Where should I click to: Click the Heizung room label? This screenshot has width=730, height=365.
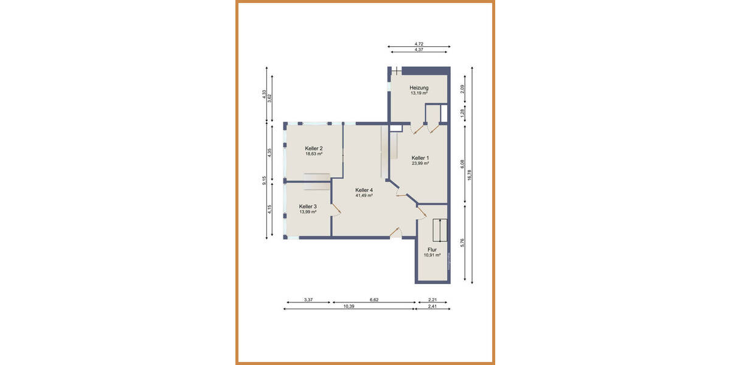pyautogui.click(x=419, y=88)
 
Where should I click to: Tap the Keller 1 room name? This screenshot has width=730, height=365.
pyautogui.click(x=420, y=157)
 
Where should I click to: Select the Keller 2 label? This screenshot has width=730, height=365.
pyautogui.click(x=314, y=148)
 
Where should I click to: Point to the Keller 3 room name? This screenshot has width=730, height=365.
pyautogui.click(x=308, y=206)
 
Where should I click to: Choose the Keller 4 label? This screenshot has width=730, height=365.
pyautogui.click(x=364, y=190)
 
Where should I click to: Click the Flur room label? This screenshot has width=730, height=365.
pyautogui.click(x=433, y=249)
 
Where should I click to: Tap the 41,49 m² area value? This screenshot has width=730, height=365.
pyautogui.click(x=364, y=196)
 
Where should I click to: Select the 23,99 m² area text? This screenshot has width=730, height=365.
pyautogui.click(x=420, y=163)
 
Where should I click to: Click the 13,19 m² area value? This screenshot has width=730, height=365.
pyautogui.click(x=419, y=94)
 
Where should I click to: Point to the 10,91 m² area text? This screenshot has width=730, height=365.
pyautogui.click(x=433, y=255)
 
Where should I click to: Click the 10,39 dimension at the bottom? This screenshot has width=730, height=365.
pyautogui.click(x=349, y=307)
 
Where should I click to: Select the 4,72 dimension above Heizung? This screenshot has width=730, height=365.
pyautogui.click(x=419, y=44)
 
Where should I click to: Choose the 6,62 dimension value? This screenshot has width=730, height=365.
pyautogui.click(x=374, y=299)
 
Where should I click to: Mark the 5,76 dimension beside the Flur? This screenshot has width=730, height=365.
pyautogui.click(x=462, y=242)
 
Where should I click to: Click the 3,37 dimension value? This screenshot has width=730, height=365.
pyautogui.click(x=308, y=299)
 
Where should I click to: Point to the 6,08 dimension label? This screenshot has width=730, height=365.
pyautogui.click(x=462, y=164)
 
